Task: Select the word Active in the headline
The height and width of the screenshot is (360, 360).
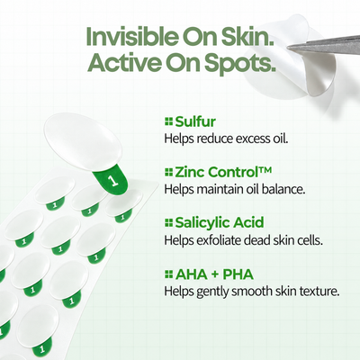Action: point(124,62)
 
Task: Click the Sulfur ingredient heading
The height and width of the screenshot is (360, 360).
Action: point(195,121)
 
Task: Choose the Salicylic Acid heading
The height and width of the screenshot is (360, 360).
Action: point(220,222)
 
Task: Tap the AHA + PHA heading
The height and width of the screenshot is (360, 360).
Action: point(214,274)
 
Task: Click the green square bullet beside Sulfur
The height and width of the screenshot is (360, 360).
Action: point(169,122)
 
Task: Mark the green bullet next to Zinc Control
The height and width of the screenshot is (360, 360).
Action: point(169,173)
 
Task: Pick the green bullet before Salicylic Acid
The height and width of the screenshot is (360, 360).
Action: point(169,223)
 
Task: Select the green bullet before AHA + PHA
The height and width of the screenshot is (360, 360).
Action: point(169,274)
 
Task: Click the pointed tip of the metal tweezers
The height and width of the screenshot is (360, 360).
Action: point(288,47)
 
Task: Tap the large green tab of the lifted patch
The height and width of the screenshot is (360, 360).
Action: point(112,179)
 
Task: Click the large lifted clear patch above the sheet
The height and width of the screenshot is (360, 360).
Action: point(83,142)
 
